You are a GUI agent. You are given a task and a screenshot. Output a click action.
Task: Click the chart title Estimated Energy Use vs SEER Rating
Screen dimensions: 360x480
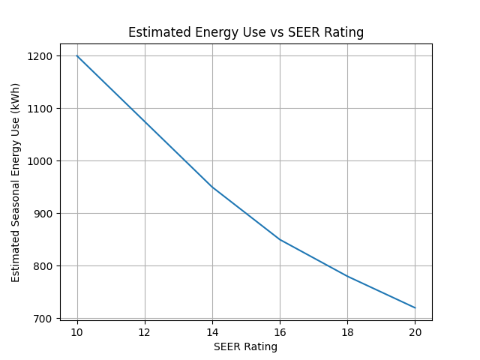pyautogui.click(x=246, y=32)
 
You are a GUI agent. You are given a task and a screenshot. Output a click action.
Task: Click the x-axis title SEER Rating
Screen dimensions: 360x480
pyautogui.click(x=245, y=347)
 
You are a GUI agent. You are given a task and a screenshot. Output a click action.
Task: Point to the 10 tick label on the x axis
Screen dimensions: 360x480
pyautogui.click(x=76, y=332)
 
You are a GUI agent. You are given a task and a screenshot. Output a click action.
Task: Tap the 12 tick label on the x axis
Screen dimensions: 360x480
pyautogui.click(x=145, y=332)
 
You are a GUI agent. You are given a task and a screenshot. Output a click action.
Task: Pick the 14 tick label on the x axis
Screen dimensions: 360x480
pyautogui.click(x=212, y=332)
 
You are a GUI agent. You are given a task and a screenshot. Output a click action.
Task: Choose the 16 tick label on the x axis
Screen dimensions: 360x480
pyautogui.click(x=280, y=332)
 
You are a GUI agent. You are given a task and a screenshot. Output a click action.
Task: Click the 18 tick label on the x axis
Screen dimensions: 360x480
pyautogui.click(x=347, y=332)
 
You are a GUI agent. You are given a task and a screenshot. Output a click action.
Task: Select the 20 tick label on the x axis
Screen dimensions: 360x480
pyautogui.click(x=415, y=332)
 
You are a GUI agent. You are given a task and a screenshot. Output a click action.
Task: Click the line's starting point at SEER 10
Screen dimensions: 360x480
pyautogui.click(x=76, y=56)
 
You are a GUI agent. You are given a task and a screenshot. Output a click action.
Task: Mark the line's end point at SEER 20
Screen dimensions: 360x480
pyautogui.click(x=415, y=307)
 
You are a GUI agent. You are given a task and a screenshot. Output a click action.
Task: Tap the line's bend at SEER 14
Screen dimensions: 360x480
pyautogui.click(x=212, y=187)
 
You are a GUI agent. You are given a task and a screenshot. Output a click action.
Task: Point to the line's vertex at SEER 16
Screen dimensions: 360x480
pyautogui.click(x=280, y=239)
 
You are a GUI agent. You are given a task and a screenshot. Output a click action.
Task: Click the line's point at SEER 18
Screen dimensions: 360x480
pyautogui.click(x=347, y=276)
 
